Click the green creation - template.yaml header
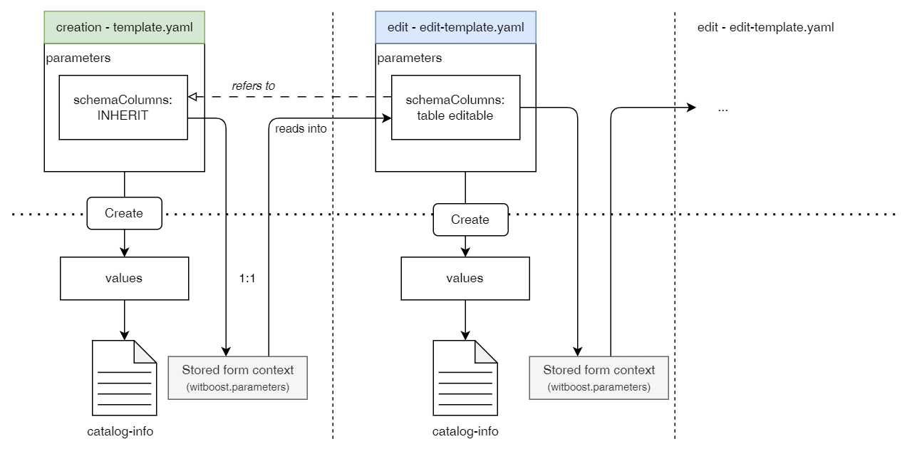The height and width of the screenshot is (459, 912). tap(125, 28)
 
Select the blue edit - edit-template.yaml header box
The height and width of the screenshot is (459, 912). tap(455, 28)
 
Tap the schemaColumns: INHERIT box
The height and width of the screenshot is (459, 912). tap(123, 107)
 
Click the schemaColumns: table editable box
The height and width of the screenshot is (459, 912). tap(455, 108)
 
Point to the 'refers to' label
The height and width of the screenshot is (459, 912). tap(253, 86)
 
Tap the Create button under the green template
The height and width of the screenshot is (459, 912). tap(124, 213)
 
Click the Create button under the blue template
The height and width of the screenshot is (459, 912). tap(470, 220)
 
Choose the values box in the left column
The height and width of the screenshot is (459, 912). tap(124, 278)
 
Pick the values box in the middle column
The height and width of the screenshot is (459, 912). tap(465, 278)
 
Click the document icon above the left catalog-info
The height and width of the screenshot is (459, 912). tap(124, 378)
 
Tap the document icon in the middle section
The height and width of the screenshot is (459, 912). tap(465, 378)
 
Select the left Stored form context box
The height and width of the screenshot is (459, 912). tap(237, 378)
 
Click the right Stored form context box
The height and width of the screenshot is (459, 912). tap(598, 378)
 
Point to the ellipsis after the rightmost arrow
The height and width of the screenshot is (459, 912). tap(722, 110)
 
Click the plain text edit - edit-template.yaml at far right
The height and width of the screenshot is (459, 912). tap(765, 28)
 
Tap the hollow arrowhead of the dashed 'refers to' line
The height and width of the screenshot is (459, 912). tap(192, 97)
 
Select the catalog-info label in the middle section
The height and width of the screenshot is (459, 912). tap(465, 431)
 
